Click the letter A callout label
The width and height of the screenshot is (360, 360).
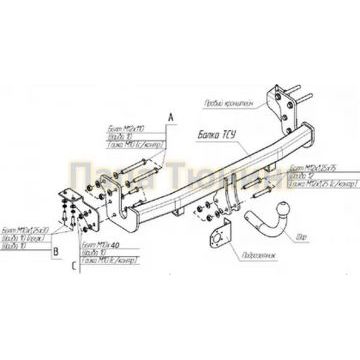click(x=171, y=118)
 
